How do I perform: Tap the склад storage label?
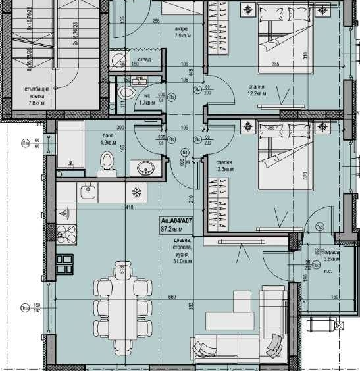pyautogui.click(x=145, y=59)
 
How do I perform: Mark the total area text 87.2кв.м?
pyautogui.click(x=172, y=230)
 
